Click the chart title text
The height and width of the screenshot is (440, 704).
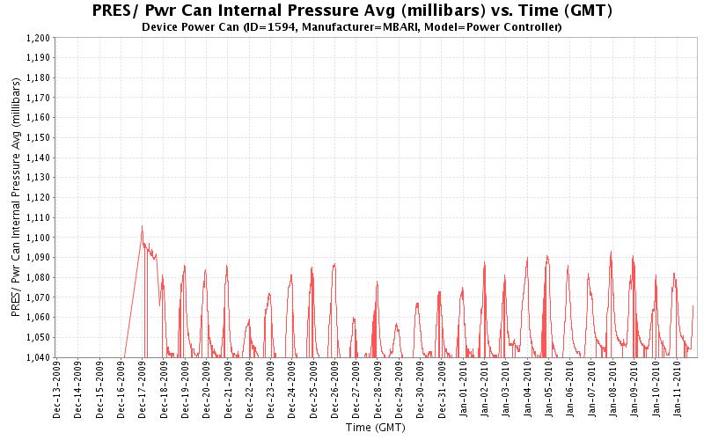[352, 11]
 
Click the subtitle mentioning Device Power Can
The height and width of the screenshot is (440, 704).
[352, 26]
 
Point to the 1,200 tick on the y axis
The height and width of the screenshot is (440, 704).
[39, 38]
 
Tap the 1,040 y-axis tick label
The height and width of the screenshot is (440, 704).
[39, 357]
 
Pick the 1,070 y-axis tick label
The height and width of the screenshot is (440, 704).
[39, 297]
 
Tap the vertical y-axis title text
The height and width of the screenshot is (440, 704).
[15, 198]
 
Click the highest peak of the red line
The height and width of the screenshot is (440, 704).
[142, 226]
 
